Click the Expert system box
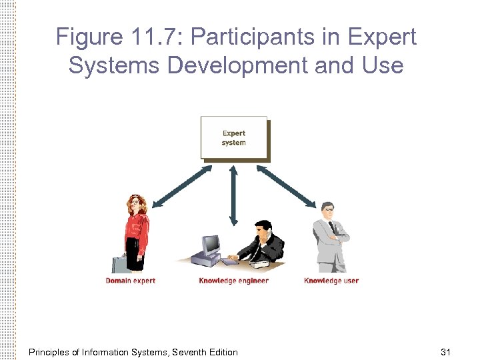coord(234,138)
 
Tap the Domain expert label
coord(130,281)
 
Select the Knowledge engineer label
coord(233,281)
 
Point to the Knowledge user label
coord(331,281)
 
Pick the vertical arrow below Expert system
coord(233,195)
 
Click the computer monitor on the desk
coord(211,245)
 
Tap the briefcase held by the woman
coord(121,264)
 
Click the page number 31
coord(446,351)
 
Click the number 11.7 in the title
coord(157,37)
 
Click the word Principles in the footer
coord(51,351)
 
